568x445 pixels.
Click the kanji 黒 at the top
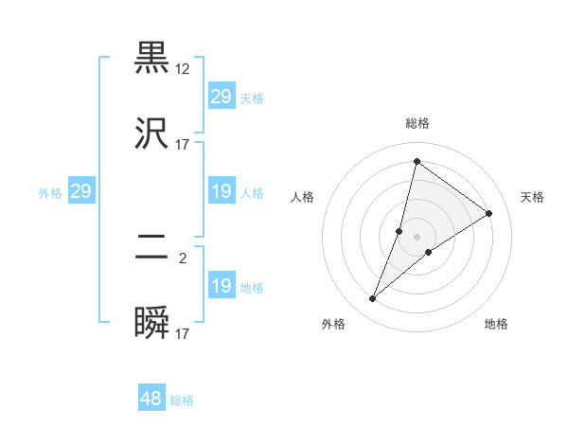[x=152, y=58]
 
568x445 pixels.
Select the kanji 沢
[x=152, y=133]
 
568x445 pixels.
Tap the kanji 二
[x=152, y=249]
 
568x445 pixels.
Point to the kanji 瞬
[x=152, y=325]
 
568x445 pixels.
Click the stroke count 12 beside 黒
[x=183, y=68]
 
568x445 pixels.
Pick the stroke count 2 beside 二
[x=183, y=258]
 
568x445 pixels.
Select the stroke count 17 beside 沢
[x=183, y=145]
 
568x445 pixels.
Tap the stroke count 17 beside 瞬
[x=183, y=333]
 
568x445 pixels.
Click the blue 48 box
[x=151, y=399]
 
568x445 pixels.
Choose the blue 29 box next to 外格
[x=80, y=192]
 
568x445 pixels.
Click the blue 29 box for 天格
[x=221, y=97]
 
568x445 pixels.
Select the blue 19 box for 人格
[x=221, y=192]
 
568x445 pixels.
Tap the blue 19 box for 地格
[x=221, y=286]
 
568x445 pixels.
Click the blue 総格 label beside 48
[x=183, y=400]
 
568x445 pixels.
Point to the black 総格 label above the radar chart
[x=417, y=124]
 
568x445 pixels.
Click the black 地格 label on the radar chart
[x=496, y=324]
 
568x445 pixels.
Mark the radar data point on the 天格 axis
[x=489, y=213]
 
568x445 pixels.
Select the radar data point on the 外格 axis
[x=373, y=299]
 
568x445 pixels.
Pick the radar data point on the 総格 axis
[x=417, y=161]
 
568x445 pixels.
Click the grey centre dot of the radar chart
[x=417, y=237]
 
